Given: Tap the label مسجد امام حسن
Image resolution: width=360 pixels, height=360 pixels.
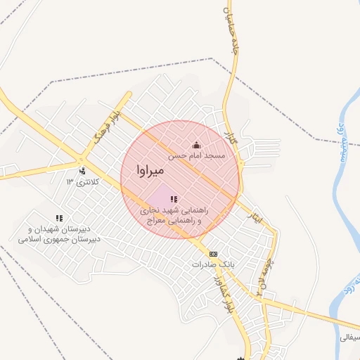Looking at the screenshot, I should [196, 155].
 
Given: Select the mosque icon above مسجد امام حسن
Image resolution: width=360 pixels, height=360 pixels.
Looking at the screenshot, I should [195, 146].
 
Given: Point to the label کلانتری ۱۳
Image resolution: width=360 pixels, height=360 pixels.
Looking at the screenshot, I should [84, 182].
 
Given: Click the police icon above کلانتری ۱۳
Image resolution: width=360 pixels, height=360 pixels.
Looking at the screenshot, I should [82, 170].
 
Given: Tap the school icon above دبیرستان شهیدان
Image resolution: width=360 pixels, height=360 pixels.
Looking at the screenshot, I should [60, 219].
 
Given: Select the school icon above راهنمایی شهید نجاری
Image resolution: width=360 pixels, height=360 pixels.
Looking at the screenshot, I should [174, 200].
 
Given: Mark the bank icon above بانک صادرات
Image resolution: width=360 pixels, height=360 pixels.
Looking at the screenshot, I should [213, 254].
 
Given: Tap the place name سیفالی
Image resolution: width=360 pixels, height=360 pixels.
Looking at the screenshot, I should [349, 337].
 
